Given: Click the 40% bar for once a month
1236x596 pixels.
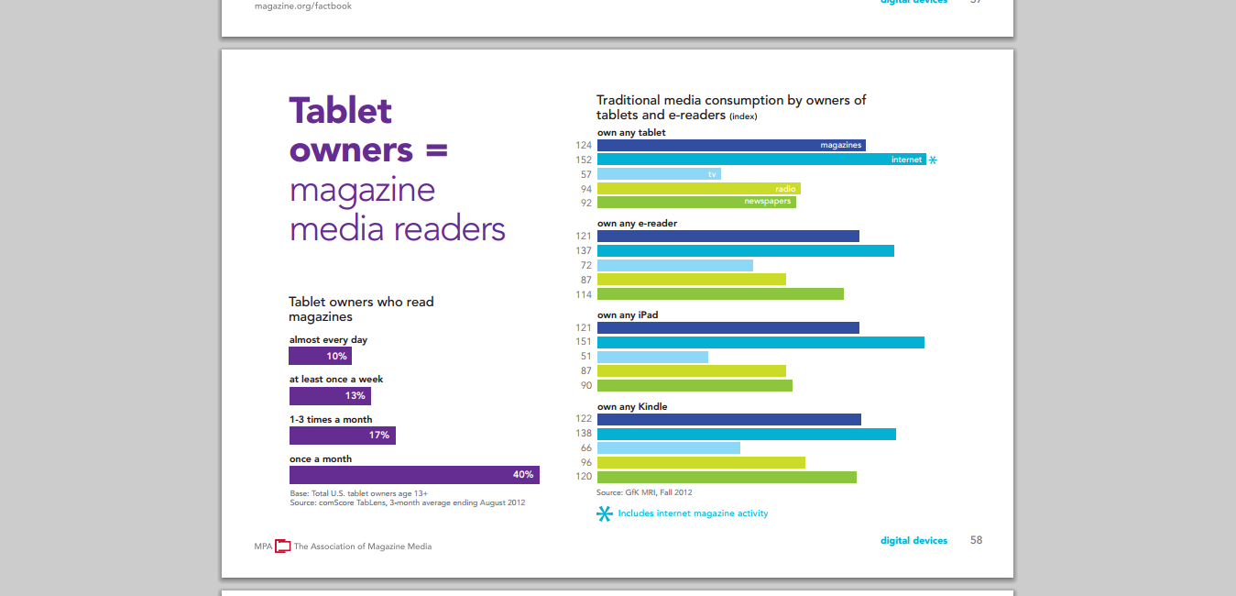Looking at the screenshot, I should coord(414,475).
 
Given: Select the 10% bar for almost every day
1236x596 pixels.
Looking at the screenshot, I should coord(320,356).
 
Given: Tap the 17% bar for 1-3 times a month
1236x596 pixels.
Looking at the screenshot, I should coord(342,436).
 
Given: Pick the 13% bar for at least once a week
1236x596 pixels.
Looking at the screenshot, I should coord(330,396).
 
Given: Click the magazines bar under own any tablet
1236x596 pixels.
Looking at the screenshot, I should coord(730,145).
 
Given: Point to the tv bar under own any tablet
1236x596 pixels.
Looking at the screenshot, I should coord(659,174).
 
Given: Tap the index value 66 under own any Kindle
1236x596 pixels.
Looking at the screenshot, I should coord(586,448).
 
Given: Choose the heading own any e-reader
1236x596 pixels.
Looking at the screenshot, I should coord(637,223).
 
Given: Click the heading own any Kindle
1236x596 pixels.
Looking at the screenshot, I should coord(632,406).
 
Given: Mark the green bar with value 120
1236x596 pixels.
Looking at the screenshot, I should coord(727,477).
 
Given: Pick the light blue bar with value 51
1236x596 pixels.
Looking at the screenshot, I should coord(652,357).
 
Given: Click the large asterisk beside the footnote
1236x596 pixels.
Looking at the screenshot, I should coord(605,514).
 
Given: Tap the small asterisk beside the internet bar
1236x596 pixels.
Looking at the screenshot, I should coord(933,160).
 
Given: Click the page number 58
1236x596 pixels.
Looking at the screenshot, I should coord(976,540).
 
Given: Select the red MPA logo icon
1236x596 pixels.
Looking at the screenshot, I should coord(283,546).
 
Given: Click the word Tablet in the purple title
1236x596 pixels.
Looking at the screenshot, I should coord(341,111).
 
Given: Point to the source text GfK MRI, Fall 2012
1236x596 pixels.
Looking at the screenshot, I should coord(644,492).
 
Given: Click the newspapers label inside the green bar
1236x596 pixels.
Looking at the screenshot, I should coord(767,202).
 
